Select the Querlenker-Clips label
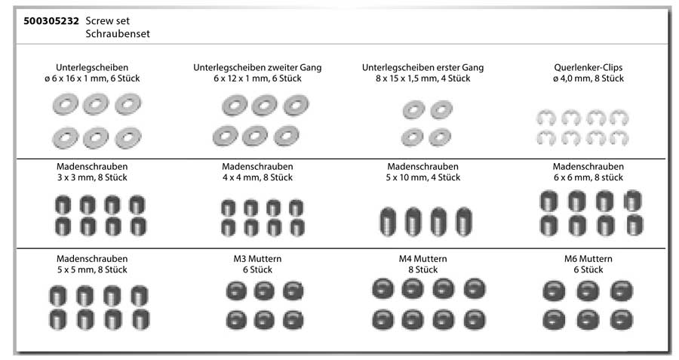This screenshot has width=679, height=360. pos(588,67)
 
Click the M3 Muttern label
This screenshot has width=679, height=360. pos(257,259)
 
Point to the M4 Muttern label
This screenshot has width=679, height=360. pos(422,259)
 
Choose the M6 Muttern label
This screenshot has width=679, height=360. pos(588,259)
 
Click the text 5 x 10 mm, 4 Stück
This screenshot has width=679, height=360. pos(422,177)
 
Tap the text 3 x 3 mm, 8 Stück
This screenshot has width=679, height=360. pos(92,177)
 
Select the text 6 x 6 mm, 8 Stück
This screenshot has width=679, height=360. pos(588,177)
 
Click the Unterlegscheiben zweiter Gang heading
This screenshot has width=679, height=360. pos(257,67)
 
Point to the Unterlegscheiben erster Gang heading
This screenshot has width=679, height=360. pos(422,67)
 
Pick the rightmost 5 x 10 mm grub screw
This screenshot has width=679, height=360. pos(461,222)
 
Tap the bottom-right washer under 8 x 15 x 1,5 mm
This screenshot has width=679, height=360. pos(437,137)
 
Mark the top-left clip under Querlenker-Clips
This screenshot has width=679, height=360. pos(546,118)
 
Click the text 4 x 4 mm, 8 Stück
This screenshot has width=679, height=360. pos(257,177)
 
